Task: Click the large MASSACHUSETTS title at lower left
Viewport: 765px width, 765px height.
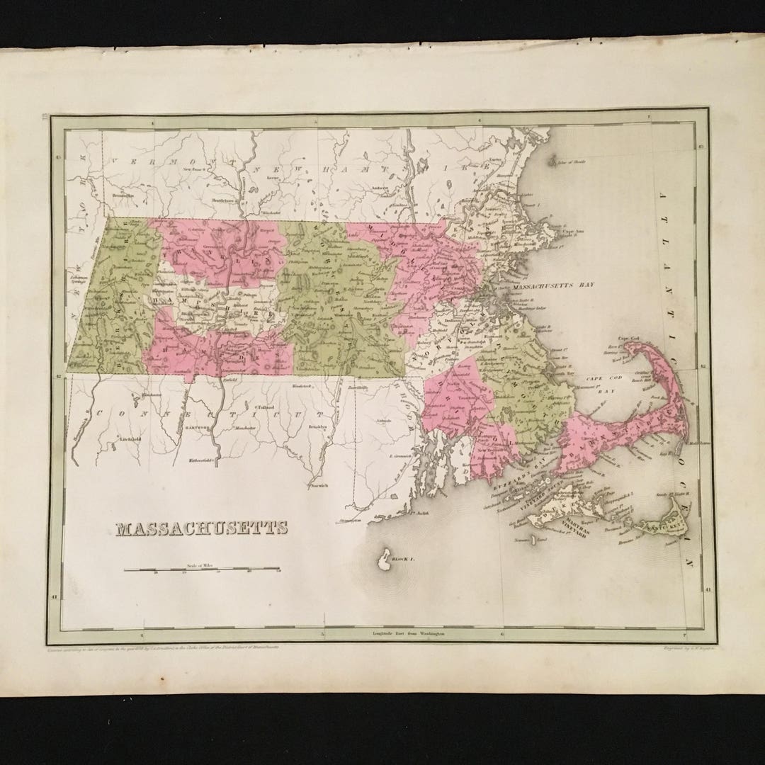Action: (x=202, y=528)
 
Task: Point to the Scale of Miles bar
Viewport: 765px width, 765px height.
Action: (x=202, y=569)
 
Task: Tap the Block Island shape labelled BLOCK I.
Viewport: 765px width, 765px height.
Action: (x=385, y=559)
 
